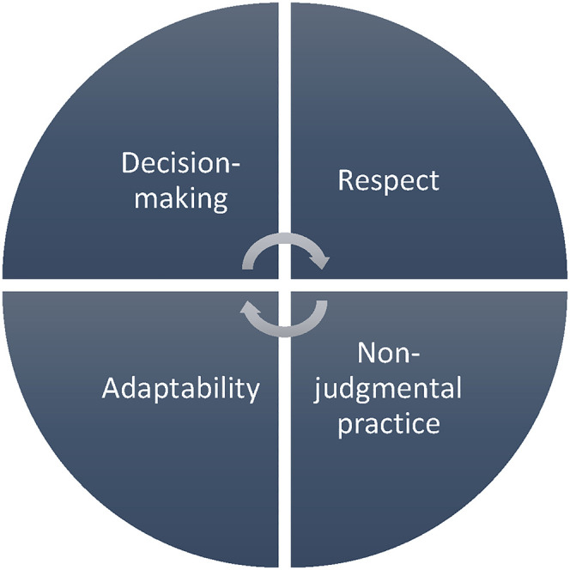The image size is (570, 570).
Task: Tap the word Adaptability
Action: pyautogui.click(x=180, y=389)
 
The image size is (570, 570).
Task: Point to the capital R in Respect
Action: pyautogui.click(x=345, y=180)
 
